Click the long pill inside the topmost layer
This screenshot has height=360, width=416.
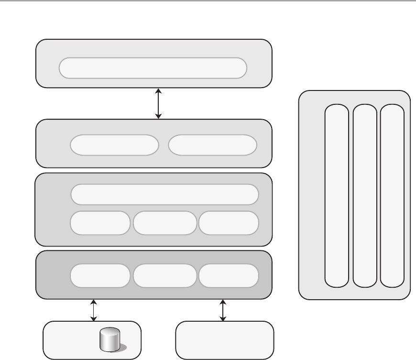[153, 68]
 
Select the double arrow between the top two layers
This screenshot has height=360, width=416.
[159, 103]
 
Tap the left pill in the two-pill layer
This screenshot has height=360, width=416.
[114, 145]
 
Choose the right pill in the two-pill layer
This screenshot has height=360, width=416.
[213, 145]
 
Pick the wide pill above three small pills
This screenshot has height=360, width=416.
[164, 194]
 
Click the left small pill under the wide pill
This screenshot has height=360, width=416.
[100, 223]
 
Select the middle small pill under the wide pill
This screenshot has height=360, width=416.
[165, 223]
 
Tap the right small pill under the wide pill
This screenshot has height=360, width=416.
[229, 223]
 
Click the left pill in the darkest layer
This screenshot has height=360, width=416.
[100, 275]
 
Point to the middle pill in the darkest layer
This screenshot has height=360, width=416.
[165, 275]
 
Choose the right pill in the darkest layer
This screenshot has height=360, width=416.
[229, 275]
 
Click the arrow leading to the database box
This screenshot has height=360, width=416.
[94, 310]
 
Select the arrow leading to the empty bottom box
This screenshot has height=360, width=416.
[223, 310]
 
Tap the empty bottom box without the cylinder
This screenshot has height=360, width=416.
[225, 340]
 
